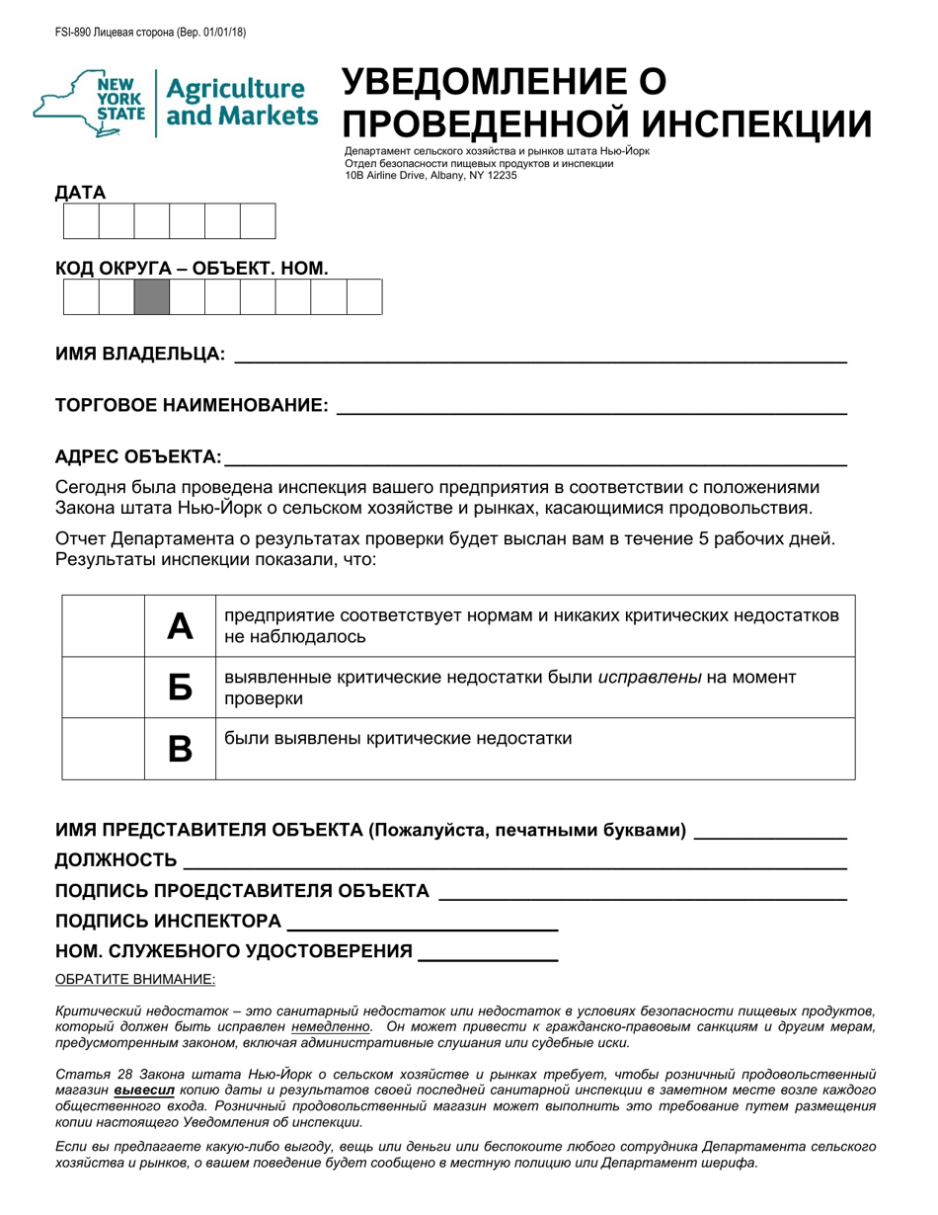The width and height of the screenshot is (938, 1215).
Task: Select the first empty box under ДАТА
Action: coord(81,221)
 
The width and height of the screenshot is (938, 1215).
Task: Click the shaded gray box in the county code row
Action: coord(151,297)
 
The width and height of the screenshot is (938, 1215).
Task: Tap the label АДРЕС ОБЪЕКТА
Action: coord(138,456)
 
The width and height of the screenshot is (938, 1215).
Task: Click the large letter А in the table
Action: coord(180,625)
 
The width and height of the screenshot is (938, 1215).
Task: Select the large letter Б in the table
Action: coord(180,688)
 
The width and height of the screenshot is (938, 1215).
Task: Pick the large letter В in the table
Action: coord(180,749)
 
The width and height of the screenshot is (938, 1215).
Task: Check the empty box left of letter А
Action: coord(104,625)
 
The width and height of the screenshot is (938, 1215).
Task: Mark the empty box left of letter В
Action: coord(104,749)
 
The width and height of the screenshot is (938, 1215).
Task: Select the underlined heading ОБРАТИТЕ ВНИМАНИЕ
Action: coord(134,979)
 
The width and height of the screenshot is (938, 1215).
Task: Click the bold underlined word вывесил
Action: coord(145,1090)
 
